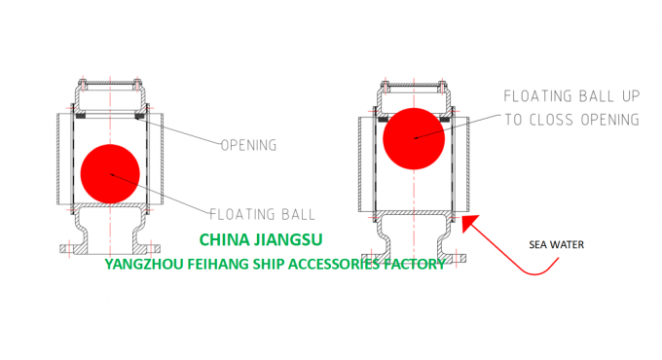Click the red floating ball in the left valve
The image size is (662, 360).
pyautogui.click(x=110, y=173)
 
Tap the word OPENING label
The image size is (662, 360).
pyautogui.click(x=249, y=146)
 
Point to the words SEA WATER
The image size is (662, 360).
pyautogui.click(x=558, y=244)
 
